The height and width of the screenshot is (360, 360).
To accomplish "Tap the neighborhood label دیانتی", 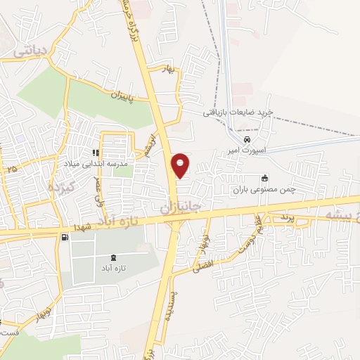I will tap(31, 50).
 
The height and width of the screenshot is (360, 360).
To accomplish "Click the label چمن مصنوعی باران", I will tap(260, 190).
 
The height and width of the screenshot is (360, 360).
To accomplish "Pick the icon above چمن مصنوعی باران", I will tap(264, 178).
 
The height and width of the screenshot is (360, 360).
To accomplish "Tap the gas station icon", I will tap(65, 238).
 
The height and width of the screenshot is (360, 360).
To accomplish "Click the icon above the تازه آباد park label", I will tap(114, 259).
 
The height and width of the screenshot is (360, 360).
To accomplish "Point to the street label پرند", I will tap(284, 219).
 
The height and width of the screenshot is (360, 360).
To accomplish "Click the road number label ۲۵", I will tap(11, 169).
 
